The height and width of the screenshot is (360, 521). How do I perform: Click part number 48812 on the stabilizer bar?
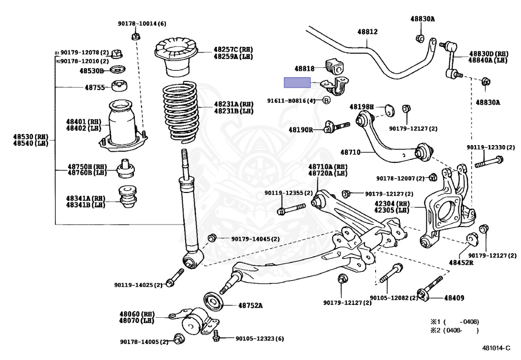[x=367, y=32]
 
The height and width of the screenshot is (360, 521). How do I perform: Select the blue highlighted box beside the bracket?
[x=297, y=82]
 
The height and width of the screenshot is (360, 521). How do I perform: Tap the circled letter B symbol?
[x=327, y=100]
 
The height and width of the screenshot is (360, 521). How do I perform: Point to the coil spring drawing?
[x=180, y=112]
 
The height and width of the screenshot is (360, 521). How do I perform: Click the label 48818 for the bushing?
[x=304, y=68]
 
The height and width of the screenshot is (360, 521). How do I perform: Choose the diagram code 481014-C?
[x=496, y=348]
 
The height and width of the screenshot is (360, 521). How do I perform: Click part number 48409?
[x=454, y=298]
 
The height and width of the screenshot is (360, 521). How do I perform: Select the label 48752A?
[x=250, y=305]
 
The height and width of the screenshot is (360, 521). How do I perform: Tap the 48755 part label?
[x=95, y=88]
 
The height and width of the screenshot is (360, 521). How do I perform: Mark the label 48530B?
[x=92, y=71]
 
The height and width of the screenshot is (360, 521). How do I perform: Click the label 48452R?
[x=461, y=263]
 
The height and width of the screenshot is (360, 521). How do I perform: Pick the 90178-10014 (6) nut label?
[x=142, y=23]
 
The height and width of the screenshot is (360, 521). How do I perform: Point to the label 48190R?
[x=301, y=130]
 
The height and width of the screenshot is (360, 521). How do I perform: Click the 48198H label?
[x=362, y=107]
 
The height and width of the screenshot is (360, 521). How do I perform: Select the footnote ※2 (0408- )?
[x=454, y=330]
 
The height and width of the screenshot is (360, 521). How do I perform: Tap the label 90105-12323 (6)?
[x=260, y=339]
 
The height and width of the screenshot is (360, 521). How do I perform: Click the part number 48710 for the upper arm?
[x=350, y=152]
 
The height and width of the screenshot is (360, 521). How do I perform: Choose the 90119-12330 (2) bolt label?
[x=490, y=147]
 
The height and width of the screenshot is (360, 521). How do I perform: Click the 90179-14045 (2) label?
[x=255, y=239]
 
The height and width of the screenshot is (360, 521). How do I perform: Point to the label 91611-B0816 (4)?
[x=292, y=100]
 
